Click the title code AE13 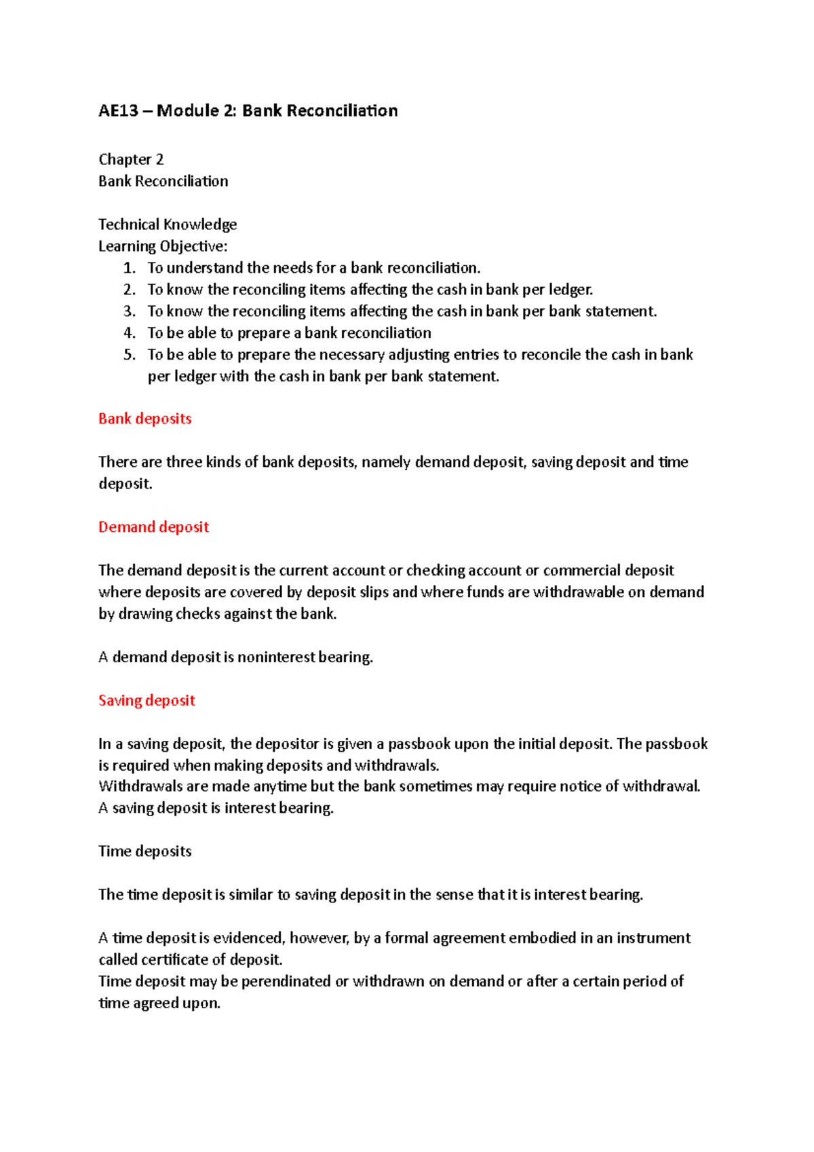click(x=118, y=111)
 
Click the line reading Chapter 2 click(x=131, y=159)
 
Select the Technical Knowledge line click(x=168, y=225)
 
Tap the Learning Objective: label click(x=163, y=246)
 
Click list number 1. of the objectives click(x=130, y=268)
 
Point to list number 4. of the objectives click(x=130, y=333)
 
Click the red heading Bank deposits click(x=144, y=419)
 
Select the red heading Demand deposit click(x=153, y=527)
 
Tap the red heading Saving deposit click(x=147, y=701)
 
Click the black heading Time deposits click(x=144, y=851)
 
